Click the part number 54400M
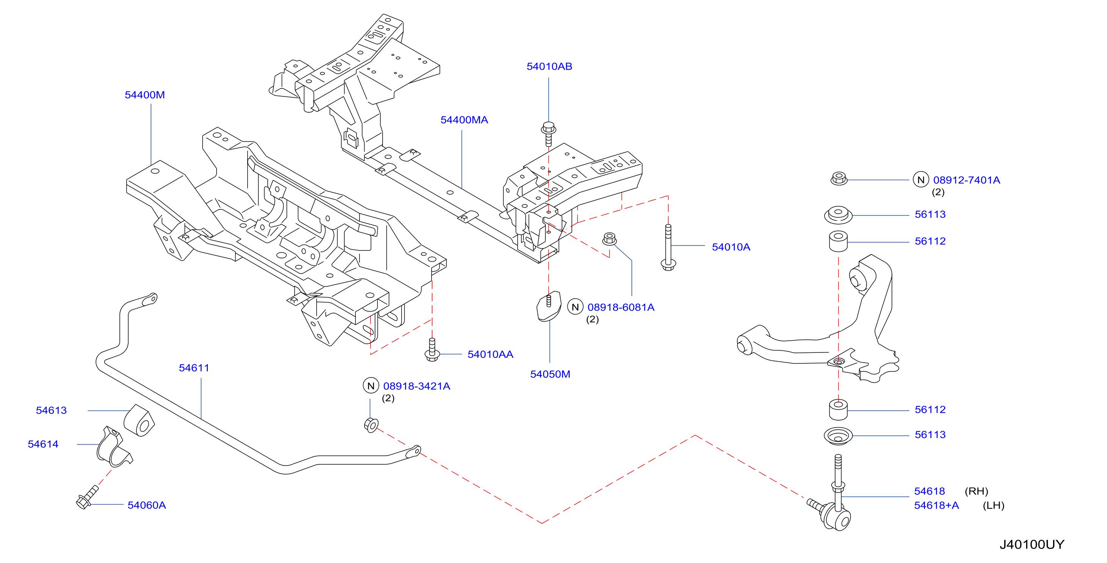(x=144, y=95)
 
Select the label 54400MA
(x=464, y=120)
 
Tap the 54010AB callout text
(x=549, y=67)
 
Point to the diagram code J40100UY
(x=1032, y=544)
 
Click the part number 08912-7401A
(x=966, y=180)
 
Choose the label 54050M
(x=550, y=374)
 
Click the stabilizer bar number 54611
(x=194, y=368)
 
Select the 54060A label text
(x=146, y=505)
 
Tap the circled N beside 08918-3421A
(x=371, y=385)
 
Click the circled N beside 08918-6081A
(x=575, y=307)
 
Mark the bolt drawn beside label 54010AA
(x=432, y=350)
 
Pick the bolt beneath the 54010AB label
(x=548, y=134)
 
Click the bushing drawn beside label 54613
(x=140, y=420)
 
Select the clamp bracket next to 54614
(x=113, y=447)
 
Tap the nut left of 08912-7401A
(x=838, y=178)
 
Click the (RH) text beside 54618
(x=977, y=491)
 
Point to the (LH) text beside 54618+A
(x=994, y=505)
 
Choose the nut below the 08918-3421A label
(x=371, y=425)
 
